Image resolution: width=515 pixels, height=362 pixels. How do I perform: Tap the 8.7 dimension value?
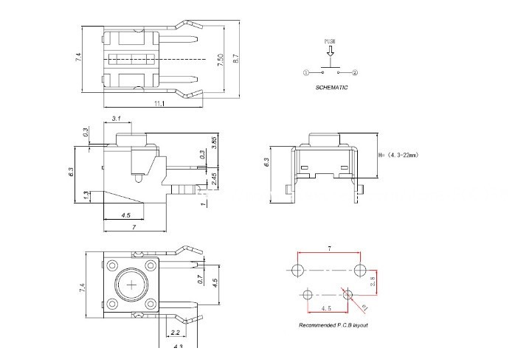point(237,58)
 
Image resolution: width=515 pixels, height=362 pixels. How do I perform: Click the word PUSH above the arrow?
point(330,43)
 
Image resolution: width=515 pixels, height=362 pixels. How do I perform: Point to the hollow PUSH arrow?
point(330,54)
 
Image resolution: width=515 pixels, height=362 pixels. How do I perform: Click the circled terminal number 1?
point(306,73)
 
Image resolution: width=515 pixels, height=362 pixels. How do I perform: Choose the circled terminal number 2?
point(355,73)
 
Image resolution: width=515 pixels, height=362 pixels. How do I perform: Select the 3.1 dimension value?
point(116,119)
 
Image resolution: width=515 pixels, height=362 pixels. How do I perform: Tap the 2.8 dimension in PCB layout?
point(374,281)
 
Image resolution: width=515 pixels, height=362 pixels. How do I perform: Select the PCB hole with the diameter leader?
point(349,294)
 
